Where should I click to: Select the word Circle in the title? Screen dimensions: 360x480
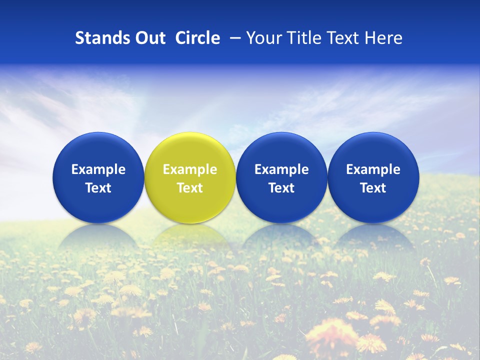tap(197, 38)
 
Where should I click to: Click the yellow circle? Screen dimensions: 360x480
tap(190, 177)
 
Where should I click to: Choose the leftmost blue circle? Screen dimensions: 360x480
tap(98, 177)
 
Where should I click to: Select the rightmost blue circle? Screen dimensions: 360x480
tap(373, 177)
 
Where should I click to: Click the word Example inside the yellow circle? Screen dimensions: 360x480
tap(190, 169)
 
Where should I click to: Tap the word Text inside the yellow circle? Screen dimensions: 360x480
tap(190, 188)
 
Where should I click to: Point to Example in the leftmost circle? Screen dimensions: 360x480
tap(98, 169)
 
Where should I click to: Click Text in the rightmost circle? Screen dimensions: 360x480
tap(373, 188)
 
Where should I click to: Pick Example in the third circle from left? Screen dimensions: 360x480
tap(281, 169)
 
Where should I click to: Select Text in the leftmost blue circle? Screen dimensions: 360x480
tap(98, 188)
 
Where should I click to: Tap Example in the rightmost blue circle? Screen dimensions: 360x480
tap(373, 169)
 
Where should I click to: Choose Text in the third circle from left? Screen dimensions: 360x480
tap(281, 188)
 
